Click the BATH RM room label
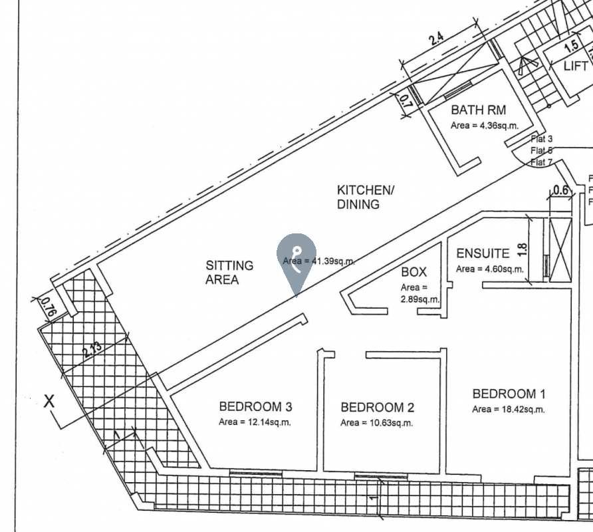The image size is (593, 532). tap(479, 110)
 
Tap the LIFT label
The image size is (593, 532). tap(575, 66)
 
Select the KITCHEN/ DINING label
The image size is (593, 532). tap(365, 198)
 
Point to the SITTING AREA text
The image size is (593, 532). tap(229, 273)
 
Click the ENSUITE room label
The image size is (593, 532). tap(483, 253)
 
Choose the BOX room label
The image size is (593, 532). tap(414, 273)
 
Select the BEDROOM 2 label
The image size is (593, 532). tap(377, 407)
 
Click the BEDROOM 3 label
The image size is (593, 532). tap(255, 407)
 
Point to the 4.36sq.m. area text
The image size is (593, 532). tap(484, 125)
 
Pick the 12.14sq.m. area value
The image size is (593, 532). tap(255, 422)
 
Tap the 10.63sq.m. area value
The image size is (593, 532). tap(377, 423)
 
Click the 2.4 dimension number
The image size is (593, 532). tap(435, 38)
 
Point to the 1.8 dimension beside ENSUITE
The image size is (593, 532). tap(522, 250)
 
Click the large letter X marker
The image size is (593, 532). tap(49, 401)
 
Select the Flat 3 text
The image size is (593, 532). tap(542, 139)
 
